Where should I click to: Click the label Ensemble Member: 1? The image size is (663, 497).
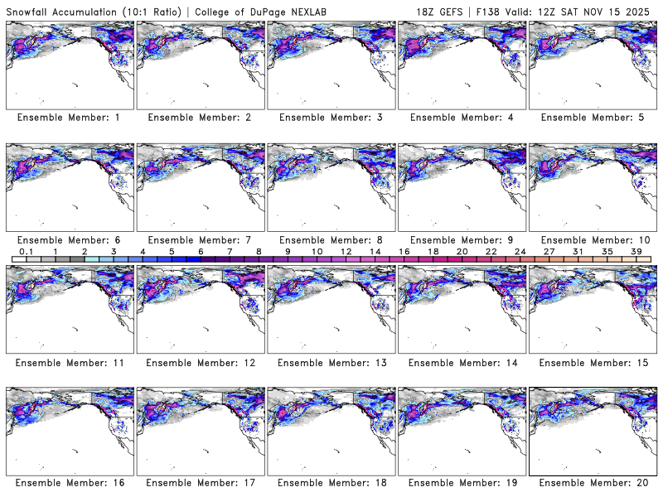pyautogui.click(x=69, y=118)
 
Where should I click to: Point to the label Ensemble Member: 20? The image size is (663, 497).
pyautogui.click(x=593, y=483)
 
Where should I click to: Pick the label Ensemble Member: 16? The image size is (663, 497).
pyautogui.click(x=69, y=483)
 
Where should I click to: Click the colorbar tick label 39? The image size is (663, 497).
pyautogui.click(x=636, y=252)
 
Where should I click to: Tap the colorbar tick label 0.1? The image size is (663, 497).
pyautogui.click(x=26, y=252)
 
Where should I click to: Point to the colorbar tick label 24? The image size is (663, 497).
pyautogui.click(x=520, y=252)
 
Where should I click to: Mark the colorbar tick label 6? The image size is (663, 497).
pyautogui.click(x=201, y=252)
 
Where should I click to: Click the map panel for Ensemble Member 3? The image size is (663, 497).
pyautogui.click(x=331, y=65)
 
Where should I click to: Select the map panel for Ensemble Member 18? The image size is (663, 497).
pyautogui.click(x=331, y=430)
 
